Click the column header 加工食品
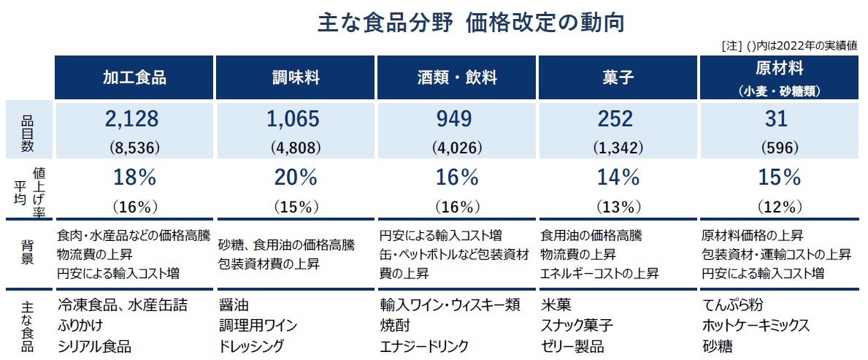[134, 77]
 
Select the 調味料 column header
[295, 77]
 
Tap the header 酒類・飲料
[456, 77]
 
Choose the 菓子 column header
[617, 77]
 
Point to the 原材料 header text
[780, 69]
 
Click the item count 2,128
[134, 120]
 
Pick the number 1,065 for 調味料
[295, 120]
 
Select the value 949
[456, 120]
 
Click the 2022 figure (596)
[780, 147]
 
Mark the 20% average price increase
[295, 177]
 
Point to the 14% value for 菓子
[617, 177]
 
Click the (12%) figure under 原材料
[780, 206]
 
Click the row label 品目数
[27, 131]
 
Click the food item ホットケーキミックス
[756, 325]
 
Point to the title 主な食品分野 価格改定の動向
[471, 23]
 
